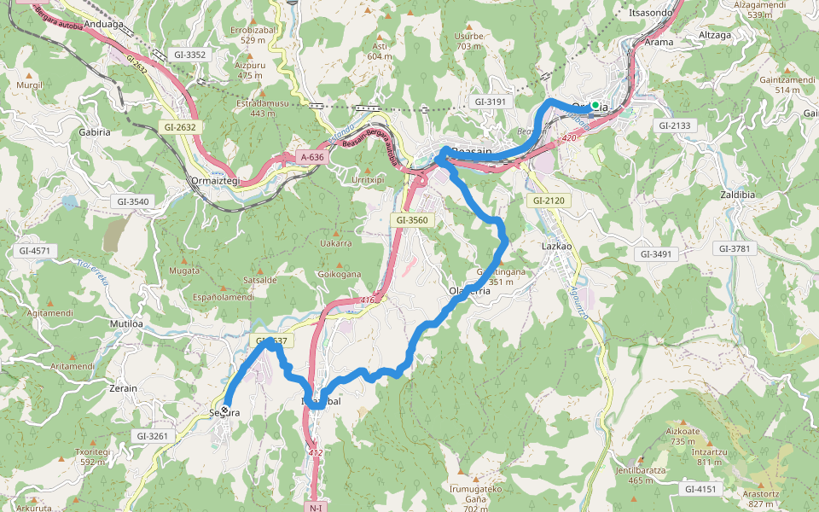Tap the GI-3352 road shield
pyautogui.click(x=189, y=55)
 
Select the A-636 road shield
pyautogui.click(x=312, y=157)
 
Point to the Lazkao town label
pyautogui.click(x=556, y=246)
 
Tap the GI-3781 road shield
pyautogui.click(x=736, y=248)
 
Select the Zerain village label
pyautogui.click(x=123, y=388)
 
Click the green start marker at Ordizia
pyautogui.click(x=595, y=105)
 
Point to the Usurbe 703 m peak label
pyautogui.click(x=469, y=41)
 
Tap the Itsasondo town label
pyautogui.click(x=651, y=13)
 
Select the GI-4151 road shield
pyautogui.click(x=700, y=489)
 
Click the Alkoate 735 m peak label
pyautogui.click(x=682, y=436)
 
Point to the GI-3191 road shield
pyautogui.click(x=490, y=102)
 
